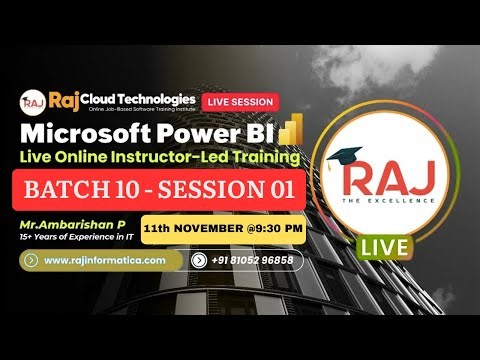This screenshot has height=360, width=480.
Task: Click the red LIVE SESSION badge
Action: click(240, 102)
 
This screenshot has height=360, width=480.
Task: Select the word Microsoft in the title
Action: click(81, 132)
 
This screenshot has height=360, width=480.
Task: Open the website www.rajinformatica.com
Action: click(111, 260)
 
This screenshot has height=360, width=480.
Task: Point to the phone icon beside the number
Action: click(198, 260)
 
